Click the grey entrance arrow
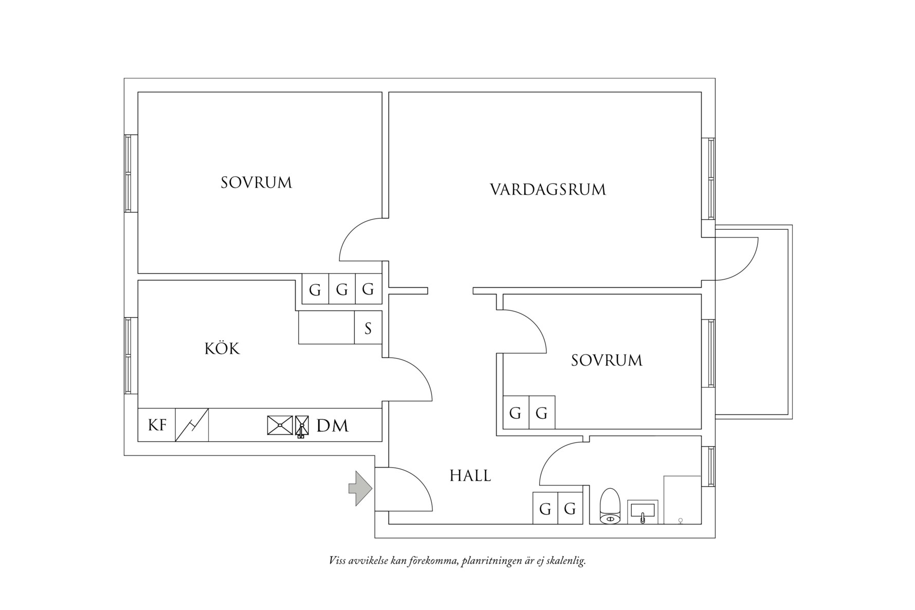(x=361, y=488)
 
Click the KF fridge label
(x=157, y=425)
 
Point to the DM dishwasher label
(x=333, y=426)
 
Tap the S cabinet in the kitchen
(x=368, y=328)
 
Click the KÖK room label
(x=222, y=349)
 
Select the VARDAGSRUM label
(x=548, y=190)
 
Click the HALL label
(x=470, y=476)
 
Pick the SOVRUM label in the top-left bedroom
(x=257, y=182)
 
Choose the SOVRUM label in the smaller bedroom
(x=607, y=360)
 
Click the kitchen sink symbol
(x=280, y=426)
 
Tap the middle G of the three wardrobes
(x=342, y=290)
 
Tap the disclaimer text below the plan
(x=457, y=561)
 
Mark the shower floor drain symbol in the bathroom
(x=681, y=521)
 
